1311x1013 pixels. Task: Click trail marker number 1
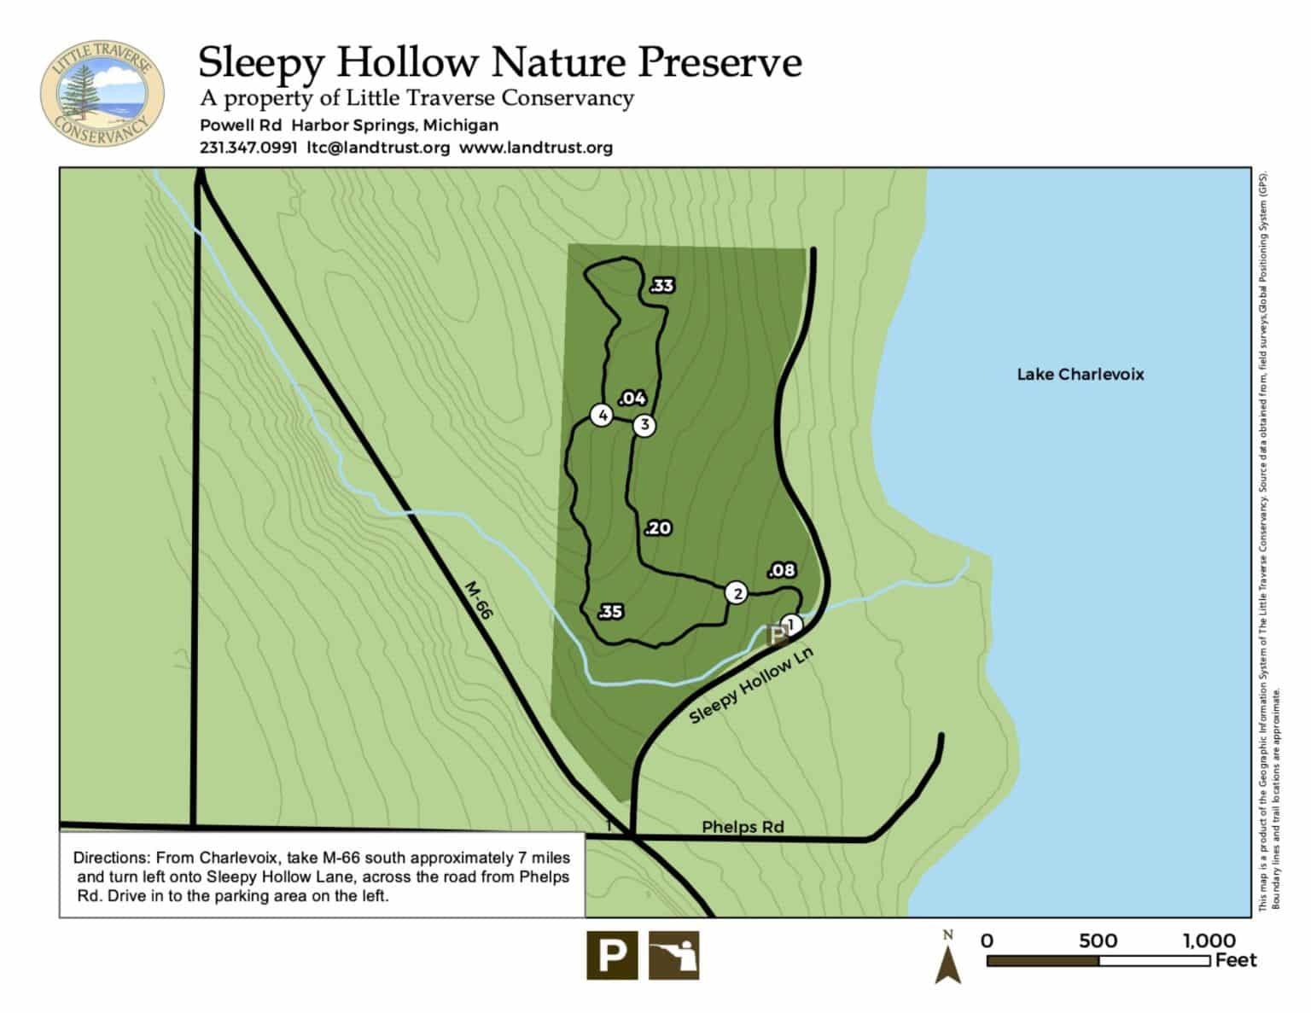click(791, 625)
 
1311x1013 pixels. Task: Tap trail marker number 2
click(736, 593)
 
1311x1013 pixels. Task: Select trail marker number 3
click(644, 425)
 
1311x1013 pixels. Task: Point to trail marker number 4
click(603, 416)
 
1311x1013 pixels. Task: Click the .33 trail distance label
click(661, 286)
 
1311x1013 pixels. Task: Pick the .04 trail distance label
click(632, 399)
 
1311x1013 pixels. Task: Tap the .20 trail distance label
click(658, 528)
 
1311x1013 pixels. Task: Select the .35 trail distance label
click(610, 611)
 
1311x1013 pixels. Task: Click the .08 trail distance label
click(782, 570)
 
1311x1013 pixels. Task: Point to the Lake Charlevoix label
click(1080, 374)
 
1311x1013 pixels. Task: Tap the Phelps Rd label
click(743, 826)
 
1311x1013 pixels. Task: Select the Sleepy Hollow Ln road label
click(751, 685)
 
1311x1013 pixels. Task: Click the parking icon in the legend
click(611, 954)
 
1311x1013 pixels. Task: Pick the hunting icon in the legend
click(674, 954)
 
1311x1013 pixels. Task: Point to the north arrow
click(948, 960)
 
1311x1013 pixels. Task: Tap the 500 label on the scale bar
click(1098, 940)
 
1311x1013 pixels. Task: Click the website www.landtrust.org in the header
click(536, 148)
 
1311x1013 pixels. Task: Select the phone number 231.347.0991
click(248, 148)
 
